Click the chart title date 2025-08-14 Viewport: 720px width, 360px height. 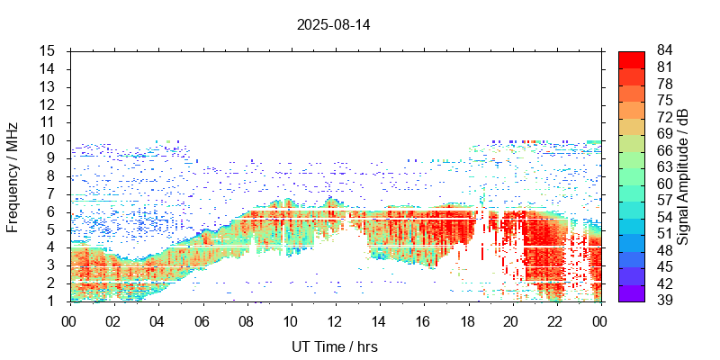[333, 24]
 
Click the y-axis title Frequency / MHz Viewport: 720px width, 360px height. [13, 175]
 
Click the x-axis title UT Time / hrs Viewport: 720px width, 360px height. [333, 347]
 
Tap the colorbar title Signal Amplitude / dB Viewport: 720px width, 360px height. [683, 176]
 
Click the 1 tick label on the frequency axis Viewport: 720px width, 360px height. [52, 301]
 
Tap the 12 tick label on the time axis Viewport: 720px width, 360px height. [334, 320]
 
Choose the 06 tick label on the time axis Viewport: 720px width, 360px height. [202, 320]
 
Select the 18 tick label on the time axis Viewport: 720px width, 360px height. [466, 320]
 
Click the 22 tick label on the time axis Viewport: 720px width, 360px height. [554, 320]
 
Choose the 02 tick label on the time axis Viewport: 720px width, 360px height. [113, 320]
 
